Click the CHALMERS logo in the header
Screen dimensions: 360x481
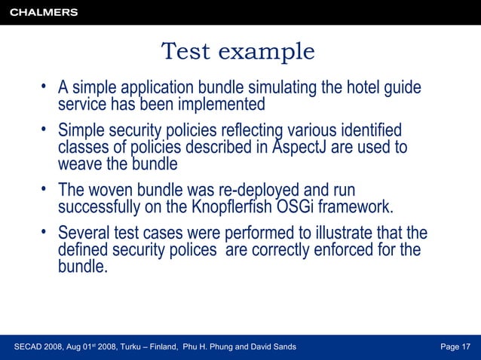(44, 12)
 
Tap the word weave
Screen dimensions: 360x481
(78, 163)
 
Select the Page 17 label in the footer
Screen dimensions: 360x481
(455, 346)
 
